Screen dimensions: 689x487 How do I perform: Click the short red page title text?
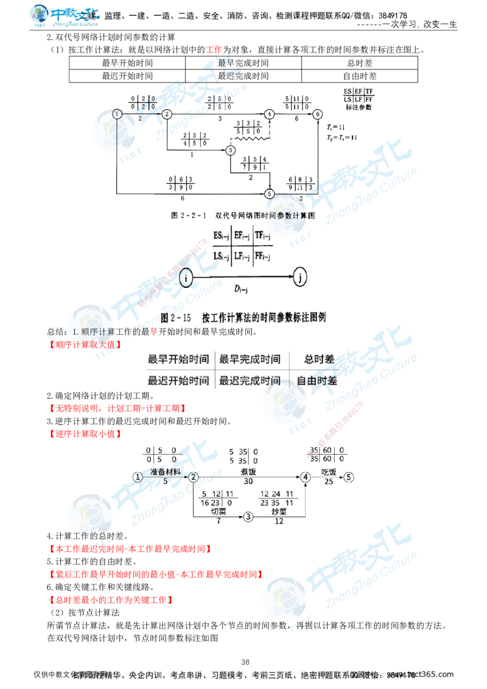[x=214, y=49]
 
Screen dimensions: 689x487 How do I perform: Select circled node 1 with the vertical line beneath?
[x=117, y=114]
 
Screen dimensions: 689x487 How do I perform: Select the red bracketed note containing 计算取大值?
[x=85, y=344]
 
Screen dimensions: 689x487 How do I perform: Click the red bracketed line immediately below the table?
[x=116, y=408]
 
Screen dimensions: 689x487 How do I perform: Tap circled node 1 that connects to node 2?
[x=138, y=477]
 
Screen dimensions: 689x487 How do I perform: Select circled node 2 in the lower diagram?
[x=193, y=476]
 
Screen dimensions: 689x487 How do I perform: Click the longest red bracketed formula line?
[x=155, y=574]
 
